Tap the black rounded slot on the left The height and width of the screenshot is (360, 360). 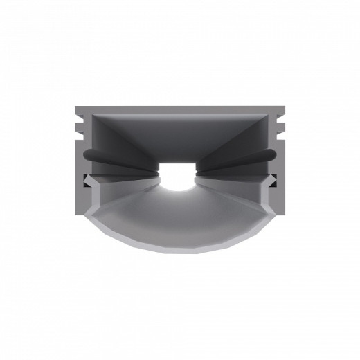tap(105, 156)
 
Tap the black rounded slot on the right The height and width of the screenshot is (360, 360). tap(253, 156)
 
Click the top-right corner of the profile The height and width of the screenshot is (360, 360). tap(285, 108)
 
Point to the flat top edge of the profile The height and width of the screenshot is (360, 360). tap(180, 109)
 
